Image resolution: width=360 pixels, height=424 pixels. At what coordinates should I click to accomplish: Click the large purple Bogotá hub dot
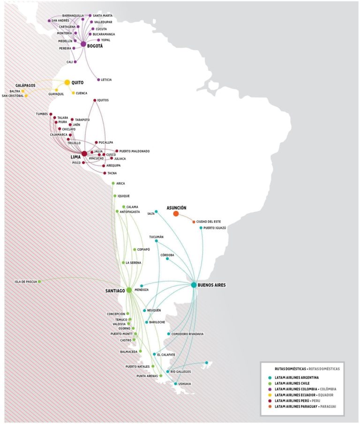(83, 44)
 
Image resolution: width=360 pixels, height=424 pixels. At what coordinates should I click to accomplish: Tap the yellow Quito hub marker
(67, 82)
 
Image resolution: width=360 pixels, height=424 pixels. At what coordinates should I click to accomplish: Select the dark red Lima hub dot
(84, 154)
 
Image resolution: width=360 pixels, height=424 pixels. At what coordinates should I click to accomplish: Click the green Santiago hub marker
(129, 290)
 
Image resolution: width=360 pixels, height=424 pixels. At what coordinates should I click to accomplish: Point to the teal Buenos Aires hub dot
(194, 285)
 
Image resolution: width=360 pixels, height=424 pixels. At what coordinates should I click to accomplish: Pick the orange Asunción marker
(176, 214)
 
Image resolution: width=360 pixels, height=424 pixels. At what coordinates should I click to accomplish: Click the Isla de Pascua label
(25, 282)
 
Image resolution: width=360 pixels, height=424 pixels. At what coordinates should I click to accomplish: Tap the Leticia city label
(106, 80)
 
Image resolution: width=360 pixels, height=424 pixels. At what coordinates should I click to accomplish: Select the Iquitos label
(103, 100)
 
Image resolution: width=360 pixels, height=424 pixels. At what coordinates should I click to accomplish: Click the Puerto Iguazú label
(215, 228)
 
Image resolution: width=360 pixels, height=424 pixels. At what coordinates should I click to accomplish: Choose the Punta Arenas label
(146, 376)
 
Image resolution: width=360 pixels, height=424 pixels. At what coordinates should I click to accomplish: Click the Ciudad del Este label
(209, 222)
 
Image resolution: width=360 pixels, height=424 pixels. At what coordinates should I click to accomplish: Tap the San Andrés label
(61, 21)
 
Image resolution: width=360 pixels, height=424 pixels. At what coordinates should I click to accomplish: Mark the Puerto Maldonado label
(135, 151)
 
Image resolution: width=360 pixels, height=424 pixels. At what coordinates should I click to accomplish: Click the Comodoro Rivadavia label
(188, 334)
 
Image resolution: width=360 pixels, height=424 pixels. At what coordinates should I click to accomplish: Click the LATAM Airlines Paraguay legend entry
(305, 406)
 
